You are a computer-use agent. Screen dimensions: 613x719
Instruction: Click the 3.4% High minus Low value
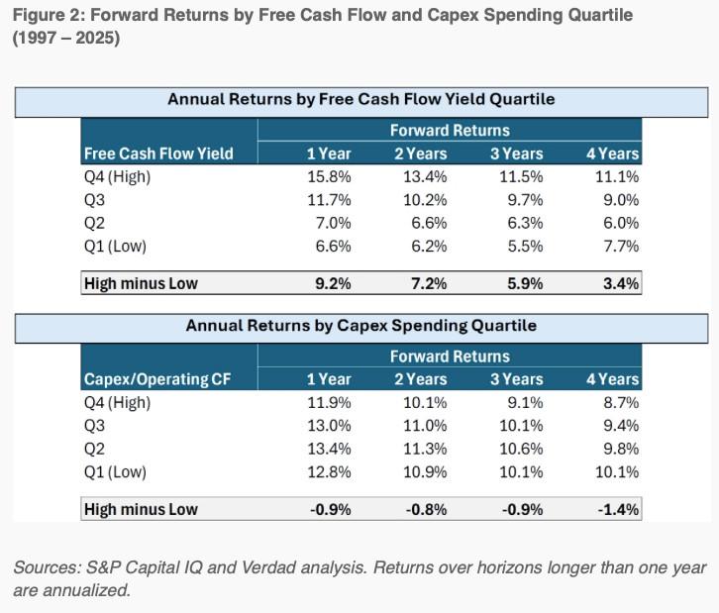click(x=620, y=283)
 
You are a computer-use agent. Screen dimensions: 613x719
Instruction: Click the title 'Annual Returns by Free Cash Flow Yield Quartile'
click(x=360, y=99)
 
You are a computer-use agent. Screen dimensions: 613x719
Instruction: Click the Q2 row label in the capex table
click(x=95, y=449)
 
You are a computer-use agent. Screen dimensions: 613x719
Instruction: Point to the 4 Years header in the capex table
click(x=613, y=378)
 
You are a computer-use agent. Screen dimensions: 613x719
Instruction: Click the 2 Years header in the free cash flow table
click(x=421, y=153)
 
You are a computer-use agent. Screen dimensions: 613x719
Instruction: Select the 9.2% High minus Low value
click(x=333, y=283)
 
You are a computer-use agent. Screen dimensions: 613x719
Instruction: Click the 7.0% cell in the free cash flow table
click(x=333, y=224)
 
